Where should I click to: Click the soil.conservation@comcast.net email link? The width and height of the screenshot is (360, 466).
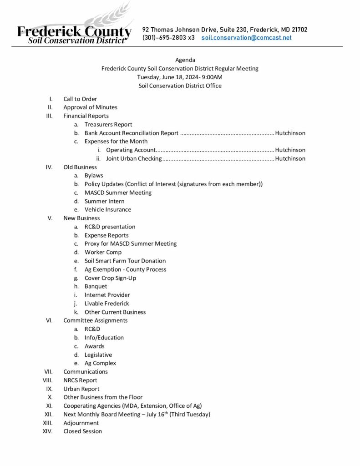[x=246, y=38]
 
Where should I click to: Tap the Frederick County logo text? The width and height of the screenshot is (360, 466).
[x=74, y=31]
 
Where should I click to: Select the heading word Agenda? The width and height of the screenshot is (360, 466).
[x=185, y=60]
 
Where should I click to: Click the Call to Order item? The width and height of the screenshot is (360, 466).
[x=80, y=99]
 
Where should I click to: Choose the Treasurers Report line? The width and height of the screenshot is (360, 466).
[x=108, y=124]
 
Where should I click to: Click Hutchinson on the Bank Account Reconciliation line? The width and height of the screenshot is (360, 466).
[x=290, y=133]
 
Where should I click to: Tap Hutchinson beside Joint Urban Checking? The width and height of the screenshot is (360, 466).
[x=290, y=158]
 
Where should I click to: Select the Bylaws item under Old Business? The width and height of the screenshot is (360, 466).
[x=94, y=175]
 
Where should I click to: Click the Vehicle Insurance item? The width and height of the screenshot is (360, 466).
[x=108, y=209]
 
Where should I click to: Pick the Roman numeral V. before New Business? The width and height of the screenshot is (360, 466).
[x=50, y=218]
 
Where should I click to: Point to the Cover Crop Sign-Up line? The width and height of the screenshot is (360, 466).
[x=110, y=278]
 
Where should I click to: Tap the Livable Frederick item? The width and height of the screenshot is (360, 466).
[x=106, y=303]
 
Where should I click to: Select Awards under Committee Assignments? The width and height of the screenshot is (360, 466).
[x=94, y=346]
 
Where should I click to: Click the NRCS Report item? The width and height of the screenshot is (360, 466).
[x=80, y=380]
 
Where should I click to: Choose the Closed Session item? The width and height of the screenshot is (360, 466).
[x=82, y=431]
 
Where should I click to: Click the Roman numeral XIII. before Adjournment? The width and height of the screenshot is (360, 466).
[x=48, y=423]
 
